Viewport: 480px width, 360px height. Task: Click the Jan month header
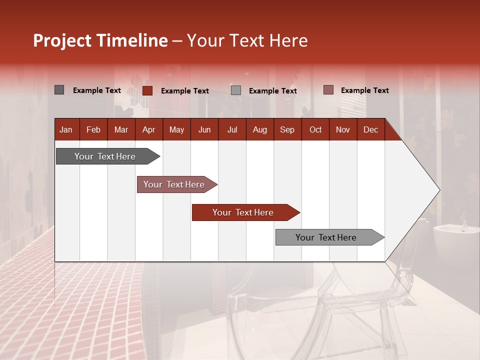point(66,130)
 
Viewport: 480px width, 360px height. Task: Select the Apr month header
point(148,130)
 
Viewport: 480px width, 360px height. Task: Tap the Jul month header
point(232,130)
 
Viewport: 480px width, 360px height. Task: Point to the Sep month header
point(287,130)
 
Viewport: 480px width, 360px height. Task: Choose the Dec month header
point(370,130)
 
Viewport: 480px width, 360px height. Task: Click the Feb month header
point(93,130)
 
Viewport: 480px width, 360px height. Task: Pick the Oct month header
point(315,130)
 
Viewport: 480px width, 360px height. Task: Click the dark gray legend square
point(59,90)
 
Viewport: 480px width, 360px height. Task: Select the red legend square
point(147,90)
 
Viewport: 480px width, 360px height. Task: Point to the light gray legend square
point(236,90)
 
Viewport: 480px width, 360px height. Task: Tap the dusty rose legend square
point(328,90)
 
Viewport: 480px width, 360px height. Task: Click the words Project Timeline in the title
point(100,40)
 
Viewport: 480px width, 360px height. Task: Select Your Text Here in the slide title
point(247,40)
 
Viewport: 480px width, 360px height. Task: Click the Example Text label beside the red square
point(184,91)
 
